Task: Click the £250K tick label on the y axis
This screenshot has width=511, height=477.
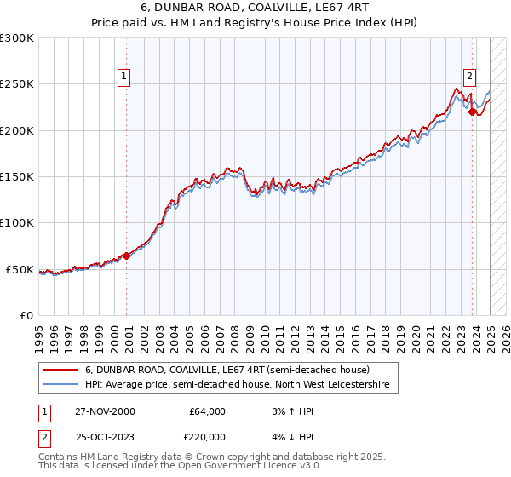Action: click(17, 84)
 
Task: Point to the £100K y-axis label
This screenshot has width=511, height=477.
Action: click(17, 223)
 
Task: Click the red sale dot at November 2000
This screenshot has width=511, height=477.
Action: click(127, 256)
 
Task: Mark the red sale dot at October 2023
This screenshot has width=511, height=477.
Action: click(472, 112)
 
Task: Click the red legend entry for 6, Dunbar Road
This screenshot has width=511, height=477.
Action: click(227, 371)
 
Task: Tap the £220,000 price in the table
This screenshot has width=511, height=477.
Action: click(207, 436)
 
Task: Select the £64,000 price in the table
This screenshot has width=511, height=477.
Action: click(207, 411)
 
